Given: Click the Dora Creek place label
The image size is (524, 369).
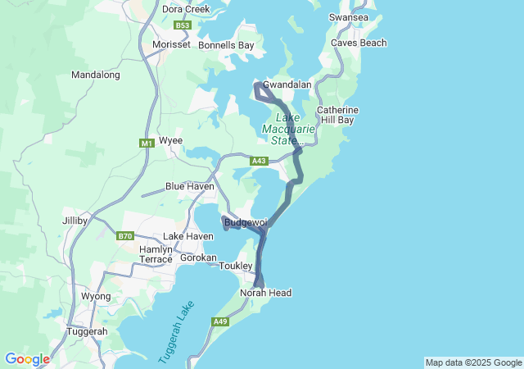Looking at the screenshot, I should pos(186,9).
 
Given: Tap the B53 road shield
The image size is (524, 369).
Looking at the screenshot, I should pos(183,25).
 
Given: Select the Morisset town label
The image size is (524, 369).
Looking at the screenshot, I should pos(171,44).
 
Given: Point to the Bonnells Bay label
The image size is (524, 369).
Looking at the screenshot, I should pos(226,45).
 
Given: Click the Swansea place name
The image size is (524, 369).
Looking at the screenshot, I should pos(349,17).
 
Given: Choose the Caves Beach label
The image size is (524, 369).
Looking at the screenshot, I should pos(359,43).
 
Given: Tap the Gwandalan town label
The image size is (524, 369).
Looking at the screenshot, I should pos(287,84).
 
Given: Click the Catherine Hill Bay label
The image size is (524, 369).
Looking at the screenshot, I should pos(337,115).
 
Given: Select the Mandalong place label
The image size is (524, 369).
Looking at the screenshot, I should pos(96,75).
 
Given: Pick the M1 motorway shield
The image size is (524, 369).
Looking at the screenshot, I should pos(147,143).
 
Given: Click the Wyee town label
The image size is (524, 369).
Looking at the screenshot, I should pos(170,140).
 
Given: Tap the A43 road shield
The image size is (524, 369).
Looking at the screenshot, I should pos(259,161).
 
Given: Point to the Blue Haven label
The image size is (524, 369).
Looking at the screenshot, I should pos(190,186).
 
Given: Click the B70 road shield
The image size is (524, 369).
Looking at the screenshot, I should pos(124,236).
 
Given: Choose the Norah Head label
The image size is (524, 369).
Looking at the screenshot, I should pos(265,293).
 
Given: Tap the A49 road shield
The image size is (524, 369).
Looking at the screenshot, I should pos(220,321).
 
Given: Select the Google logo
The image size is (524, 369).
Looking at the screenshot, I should pos(27,359).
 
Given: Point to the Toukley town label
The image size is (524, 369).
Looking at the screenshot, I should pos(236,266).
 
